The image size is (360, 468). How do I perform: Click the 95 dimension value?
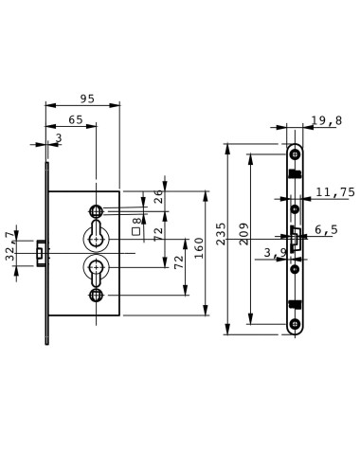click(x=87, y=99)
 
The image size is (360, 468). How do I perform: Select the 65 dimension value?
click(x=76, y=120)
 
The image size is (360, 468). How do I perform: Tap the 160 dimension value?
click(x=199, y=248)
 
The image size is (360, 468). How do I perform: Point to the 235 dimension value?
click(x=222, y=234)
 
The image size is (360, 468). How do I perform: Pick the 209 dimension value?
click(x=244, y=234)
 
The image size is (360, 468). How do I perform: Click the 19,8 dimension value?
click(x=327, y=120)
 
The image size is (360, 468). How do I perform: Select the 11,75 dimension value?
click(x=335, y=192)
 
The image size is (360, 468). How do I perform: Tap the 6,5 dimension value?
click(x=327, y=229)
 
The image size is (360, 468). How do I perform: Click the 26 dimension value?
click(x=158, y=196)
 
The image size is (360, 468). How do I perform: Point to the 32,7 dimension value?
click(x=10, y=246)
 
